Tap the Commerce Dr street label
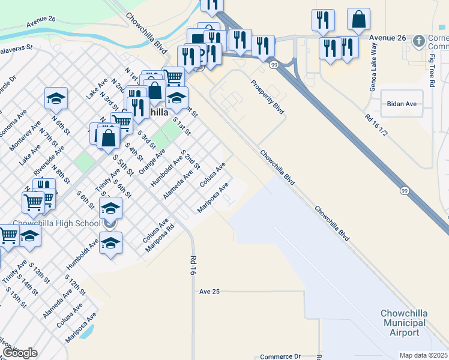pyautogui.click(x=280, y=356)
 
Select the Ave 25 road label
pyautogui.click(x=210, y=291)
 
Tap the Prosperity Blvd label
pyautogui.click(x=267, y=97)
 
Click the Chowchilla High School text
pyautogui.click(x=56, y=224)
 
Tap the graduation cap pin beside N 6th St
pyautogui.click(x=56, y=98)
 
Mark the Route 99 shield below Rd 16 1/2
pyautogui.click(x=403, y=190)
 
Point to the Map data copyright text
pyautogui.click(x=424, y=355)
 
